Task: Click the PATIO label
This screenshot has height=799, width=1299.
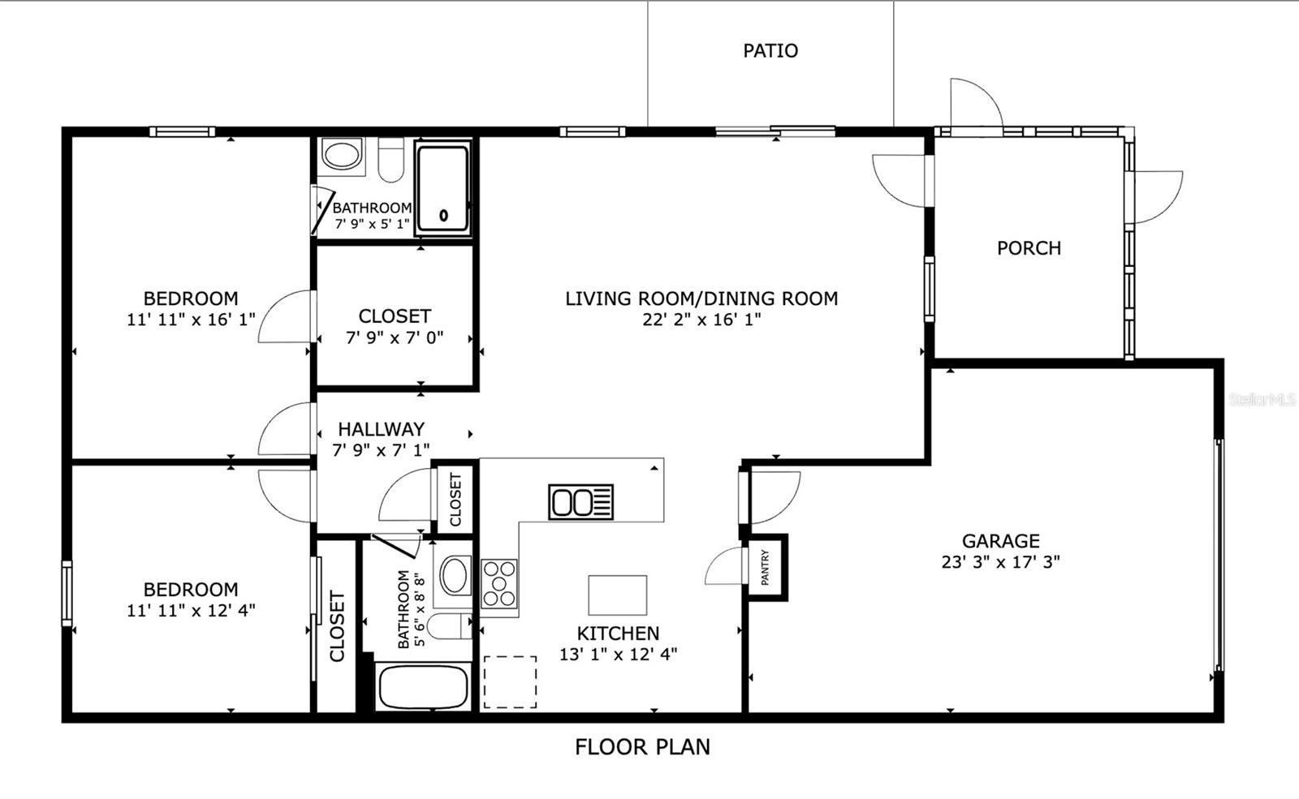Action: (x=770, y=50)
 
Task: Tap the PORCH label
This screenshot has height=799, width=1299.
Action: (x=1029, y=248)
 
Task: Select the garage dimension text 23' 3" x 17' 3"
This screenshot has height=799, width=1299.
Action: (x=1000, y=562)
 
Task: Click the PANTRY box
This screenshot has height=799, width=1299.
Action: (x=766, y=567)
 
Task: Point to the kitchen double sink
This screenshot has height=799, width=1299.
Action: (x=580, y=502)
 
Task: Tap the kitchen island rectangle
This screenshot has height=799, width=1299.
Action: (x=617, y=595)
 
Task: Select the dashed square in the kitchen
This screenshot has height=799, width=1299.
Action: (x=510, y=682)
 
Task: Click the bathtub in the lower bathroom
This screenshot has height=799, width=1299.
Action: (x=422, y=688)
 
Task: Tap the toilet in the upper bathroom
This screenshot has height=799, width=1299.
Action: (x=391, y=160)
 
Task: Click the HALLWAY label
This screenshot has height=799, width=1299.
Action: (x=381, y=429)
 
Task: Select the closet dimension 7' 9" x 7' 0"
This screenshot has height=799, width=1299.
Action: (x=395, y=337)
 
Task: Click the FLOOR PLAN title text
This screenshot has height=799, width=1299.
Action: (x=642, y=747)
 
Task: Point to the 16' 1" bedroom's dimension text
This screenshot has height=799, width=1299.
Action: (x=191, y=320)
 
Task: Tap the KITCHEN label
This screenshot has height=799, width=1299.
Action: (x=618, y=634)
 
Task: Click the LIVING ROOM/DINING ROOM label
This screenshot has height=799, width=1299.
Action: (x=701, y=299)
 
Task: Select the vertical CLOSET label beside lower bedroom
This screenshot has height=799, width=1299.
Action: (x=337, y=625)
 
